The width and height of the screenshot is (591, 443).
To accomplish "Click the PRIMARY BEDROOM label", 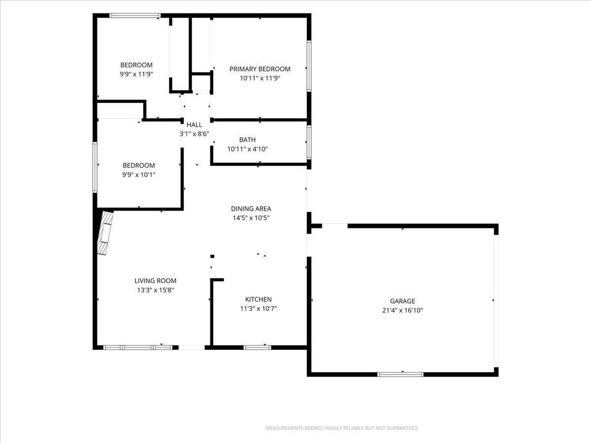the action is [x=260, y=69].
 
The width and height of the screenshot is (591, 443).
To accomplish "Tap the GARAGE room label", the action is [x=402, y=301].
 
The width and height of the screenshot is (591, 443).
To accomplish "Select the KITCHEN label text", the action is [x=259, y=299].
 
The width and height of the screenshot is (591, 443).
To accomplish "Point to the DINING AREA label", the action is [x=251, y=209].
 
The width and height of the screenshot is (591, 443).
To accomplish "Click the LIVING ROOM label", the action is [x=155, y=281].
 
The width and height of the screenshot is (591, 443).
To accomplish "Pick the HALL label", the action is [x=194, y=125].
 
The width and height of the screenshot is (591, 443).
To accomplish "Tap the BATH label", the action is [x=247, y=140].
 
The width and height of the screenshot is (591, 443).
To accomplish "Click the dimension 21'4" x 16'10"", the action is [x=402, y=311].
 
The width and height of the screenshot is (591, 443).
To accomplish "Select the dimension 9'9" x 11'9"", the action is [x=136, y=74].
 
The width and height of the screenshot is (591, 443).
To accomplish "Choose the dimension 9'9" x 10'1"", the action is [x=139, y=175].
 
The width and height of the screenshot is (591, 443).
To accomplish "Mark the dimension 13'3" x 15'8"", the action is [x=156, y=290].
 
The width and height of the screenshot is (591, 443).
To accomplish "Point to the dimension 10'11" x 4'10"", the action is [x=247, y=149].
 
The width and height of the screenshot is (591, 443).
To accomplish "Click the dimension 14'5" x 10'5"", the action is [x=251, y=218].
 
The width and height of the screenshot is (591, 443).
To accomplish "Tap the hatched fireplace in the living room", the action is [x=105, y=233].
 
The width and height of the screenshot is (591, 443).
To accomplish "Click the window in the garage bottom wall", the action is [x=400, y=375].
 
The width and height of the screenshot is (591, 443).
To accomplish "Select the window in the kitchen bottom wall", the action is [x=258, y=348].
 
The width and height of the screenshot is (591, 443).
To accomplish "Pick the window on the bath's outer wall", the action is [x=309, y=142].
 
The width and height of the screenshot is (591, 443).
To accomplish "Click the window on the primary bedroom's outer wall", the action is [x=309, y=66].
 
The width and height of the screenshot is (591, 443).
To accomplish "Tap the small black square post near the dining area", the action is [x=212, y=256].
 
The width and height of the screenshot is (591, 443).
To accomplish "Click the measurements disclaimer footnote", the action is [x=342, y=428].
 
